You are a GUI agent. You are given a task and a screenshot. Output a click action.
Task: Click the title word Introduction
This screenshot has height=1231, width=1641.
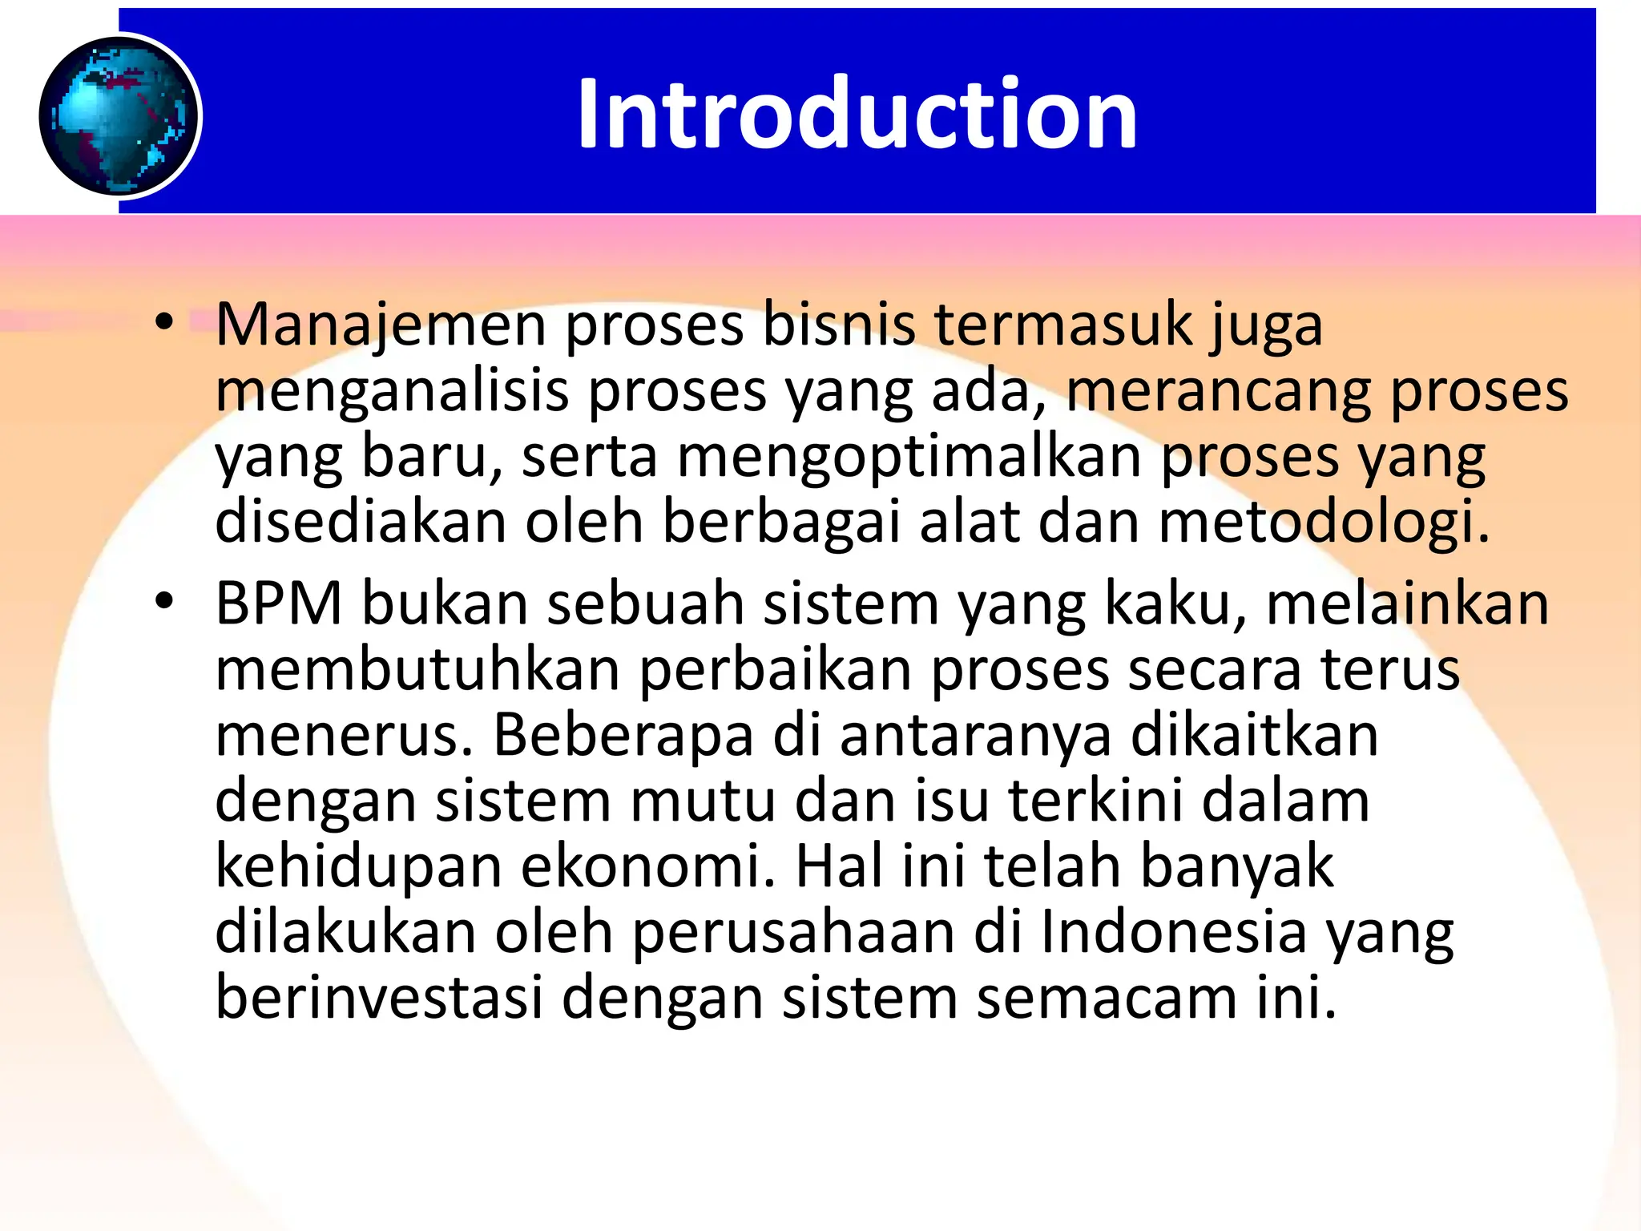pyautogui.click(x=857, y=113)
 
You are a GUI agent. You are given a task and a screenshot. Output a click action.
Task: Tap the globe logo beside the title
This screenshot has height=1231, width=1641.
pyautogui.click(x=119, y=116)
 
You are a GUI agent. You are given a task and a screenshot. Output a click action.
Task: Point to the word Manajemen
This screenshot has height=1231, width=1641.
pyautogui.click(x=381, y=325)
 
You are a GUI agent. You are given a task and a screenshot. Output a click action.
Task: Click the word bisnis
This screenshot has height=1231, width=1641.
pyautogui.click(x=838, y=325)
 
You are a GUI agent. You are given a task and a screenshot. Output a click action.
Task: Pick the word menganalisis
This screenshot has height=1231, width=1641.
pyautogui.click(x=392, y=392)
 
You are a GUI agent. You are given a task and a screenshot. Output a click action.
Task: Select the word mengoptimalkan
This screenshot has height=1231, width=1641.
pyautogui.click(x=909, y=458)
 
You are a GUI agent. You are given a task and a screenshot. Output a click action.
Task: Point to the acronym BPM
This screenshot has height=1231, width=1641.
pyautogui.click(x=279, y=603)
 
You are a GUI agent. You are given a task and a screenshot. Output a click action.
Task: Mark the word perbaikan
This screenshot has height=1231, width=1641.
pyautogui.click(x=776, y=670)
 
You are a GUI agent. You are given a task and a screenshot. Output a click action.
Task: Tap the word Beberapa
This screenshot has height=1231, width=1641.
pyautogui.click(x=623, y=736)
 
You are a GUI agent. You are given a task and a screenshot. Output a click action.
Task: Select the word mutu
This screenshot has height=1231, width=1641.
pyautogui.click(x=703, y=801)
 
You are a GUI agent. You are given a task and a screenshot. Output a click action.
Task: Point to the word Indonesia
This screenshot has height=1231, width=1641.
pyautogui.click(x=1173, y=933)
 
